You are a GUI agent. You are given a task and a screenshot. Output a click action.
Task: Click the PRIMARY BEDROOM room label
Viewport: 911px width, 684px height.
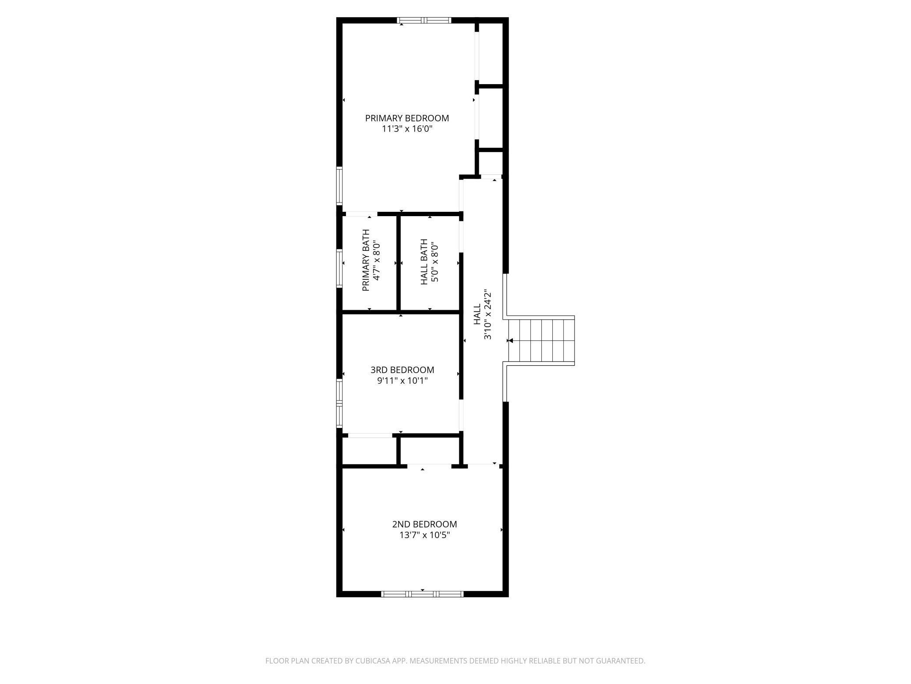[x=407, y=118]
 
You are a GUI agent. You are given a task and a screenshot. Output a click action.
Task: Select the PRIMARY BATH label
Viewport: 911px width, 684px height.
[x=366, y=260]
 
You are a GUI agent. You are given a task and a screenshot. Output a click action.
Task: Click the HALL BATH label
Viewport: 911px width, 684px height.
[x=424, y=262]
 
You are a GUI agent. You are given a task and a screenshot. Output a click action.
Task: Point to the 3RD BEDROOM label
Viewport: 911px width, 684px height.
[x=402, y=370]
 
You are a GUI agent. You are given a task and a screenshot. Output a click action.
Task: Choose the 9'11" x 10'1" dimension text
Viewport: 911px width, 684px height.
[x=402, y=381]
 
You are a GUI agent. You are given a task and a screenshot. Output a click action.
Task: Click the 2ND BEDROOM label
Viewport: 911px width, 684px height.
[x=424, y=524]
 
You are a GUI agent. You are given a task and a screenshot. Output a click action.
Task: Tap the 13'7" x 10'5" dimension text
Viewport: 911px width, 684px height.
[x=424, y=535]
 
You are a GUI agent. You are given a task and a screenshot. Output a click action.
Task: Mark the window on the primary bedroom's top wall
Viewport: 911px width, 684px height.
[x=424, y=20]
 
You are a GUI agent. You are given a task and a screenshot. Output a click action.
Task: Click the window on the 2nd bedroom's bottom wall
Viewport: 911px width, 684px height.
[x=422, y=594]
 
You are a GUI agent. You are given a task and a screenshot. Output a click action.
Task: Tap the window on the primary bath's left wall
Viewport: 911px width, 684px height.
[x=339, y=268]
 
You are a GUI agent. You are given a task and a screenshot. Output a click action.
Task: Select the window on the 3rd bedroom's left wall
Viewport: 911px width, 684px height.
[x=339, y=403]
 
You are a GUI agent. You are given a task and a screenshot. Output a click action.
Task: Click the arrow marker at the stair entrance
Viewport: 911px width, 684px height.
[x=510, y=341]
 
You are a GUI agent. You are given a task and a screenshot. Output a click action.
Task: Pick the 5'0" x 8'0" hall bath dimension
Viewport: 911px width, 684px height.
[x=434, y=262]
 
